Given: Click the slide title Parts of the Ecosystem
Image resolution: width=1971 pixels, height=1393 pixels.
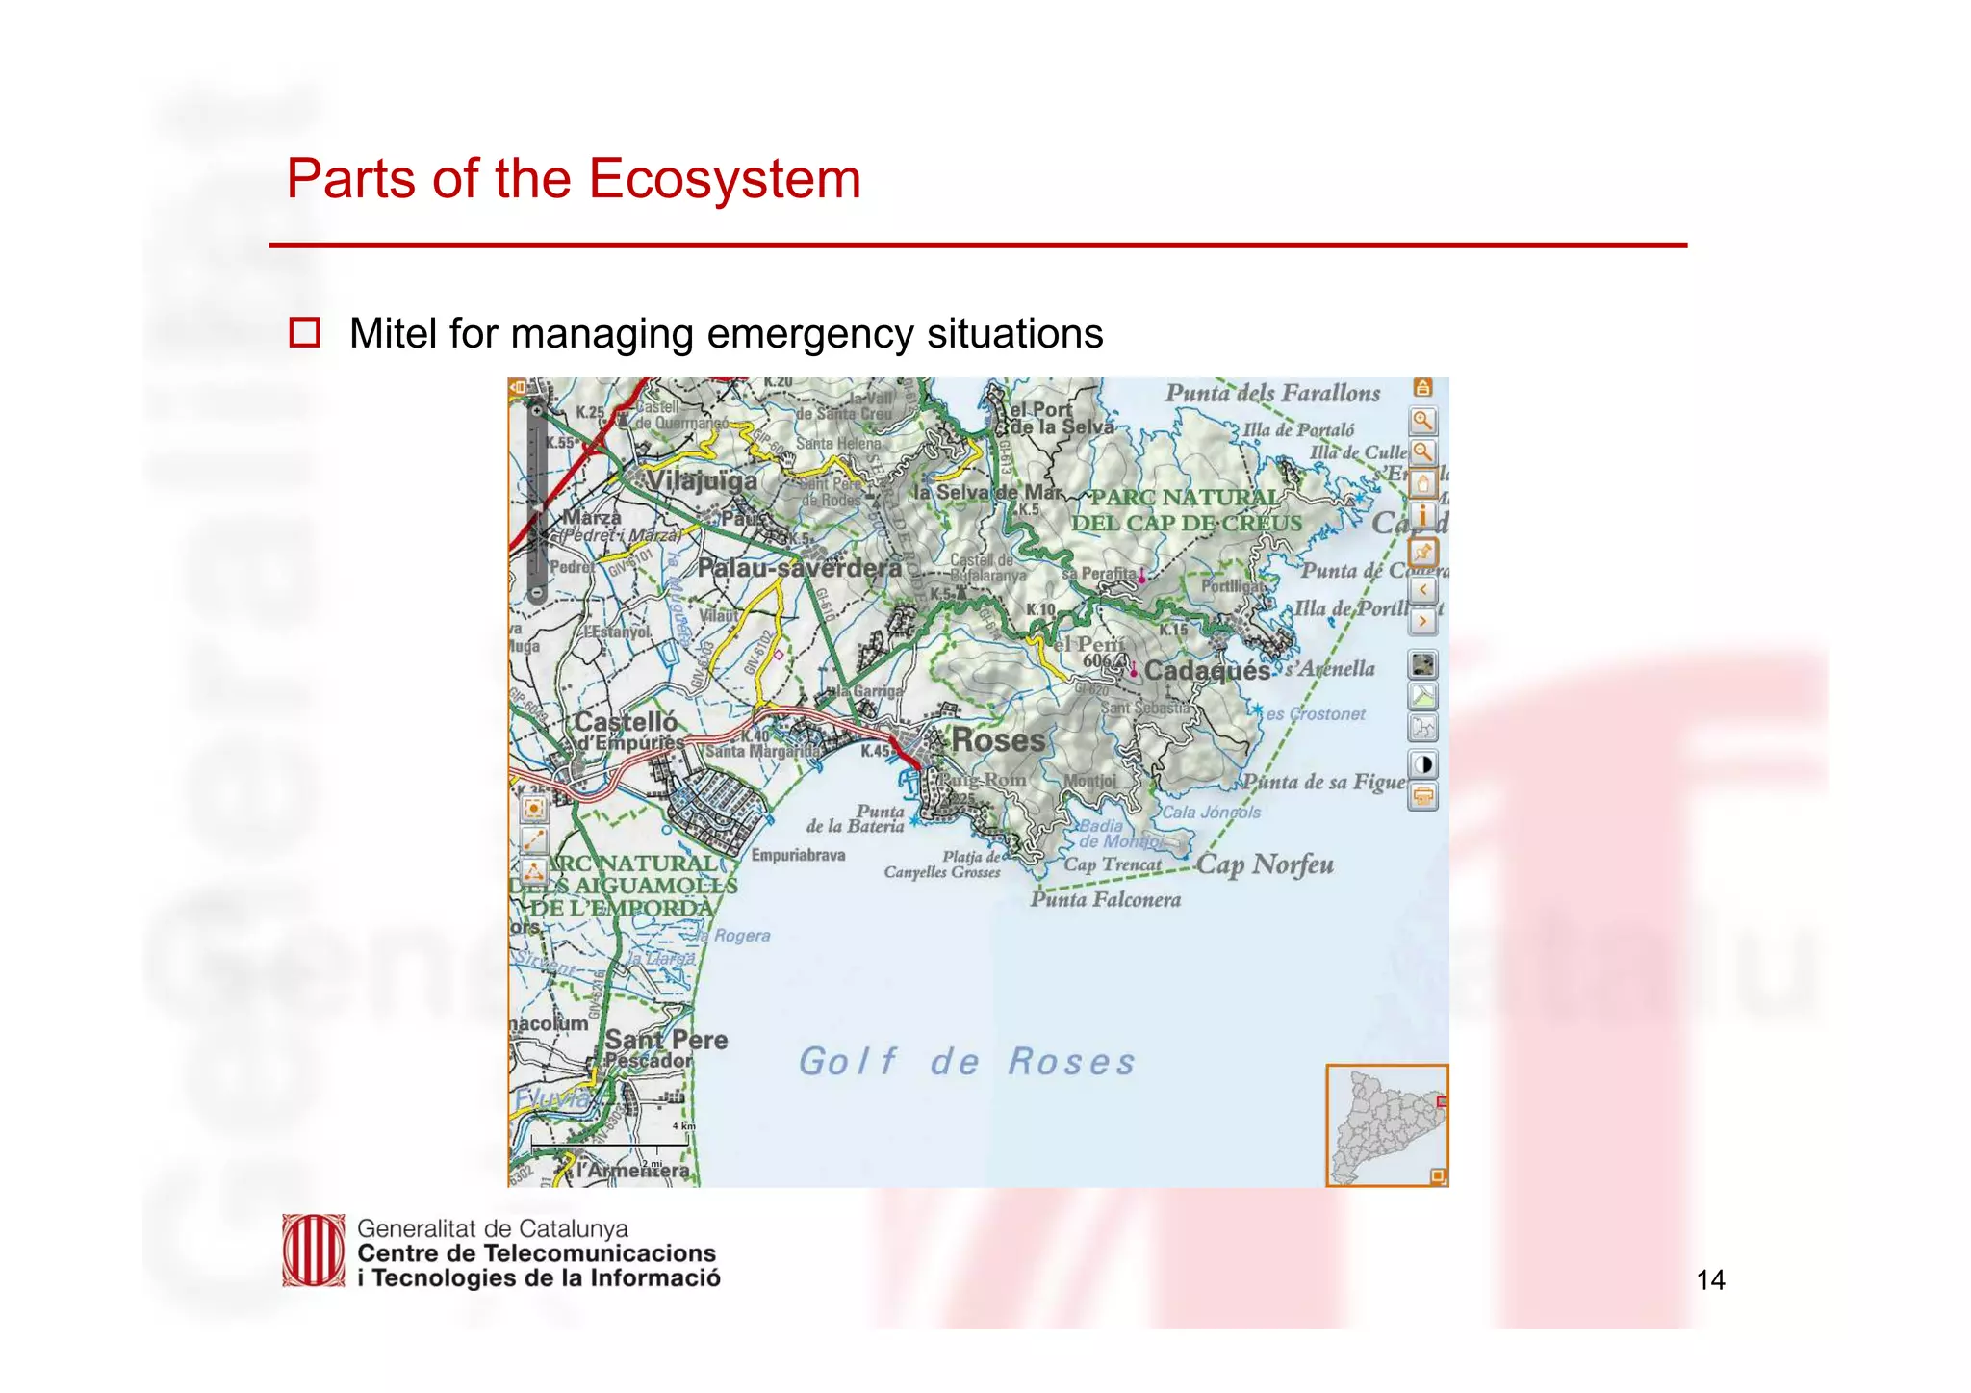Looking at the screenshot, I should [x=573, y=179].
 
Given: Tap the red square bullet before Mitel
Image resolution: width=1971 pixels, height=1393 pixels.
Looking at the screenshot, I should [x=304, y=333].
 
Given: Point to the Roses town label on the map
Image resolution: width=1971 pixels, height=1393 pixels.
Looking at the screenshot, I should [x=997, y=740].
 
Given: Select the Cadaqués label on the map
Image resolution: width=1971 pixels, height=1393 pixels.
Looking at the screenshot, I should [x=1206, y=670].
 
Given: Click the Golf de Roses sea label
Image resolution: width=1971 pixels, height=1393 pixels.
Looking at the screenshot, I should [x=966, y=1062].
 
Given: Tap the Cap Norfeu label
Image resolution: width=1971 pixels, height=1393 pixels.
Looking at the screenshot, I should [x=1265, y=864].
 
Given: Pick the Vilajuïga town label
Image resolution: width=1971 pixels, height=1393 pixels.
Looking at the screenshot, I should [x=701, y=480].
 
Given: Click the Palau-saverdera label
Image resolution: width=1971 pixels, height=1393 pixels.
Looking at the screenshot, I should [x=799, y=568].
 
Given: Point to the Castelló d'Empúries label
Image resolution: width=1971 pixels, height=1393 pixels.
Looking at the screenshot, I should [x=627, y=731].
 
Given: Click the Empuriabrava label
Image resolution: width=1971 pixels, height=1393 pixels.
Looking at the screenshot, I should [x=798, y=855].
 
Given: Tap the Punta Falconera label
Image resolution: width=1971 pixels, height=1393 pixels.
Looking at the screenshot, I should [x=1105, y=900].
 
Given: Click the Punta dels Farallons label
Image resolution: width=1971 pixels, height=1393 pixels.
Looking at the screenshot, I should [x=1271, y=393].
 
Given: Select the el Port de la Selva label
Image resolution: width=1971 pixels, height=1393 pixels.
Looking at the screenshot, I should [x=1059, y=418].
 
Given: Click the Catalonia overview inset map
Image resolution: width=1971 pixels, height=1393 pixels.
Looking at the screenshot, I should [x=1385, y=1124].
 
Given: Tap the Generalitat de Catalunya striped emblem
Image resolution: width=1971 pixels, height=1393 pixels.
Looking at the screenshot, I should [x=313, y=1251].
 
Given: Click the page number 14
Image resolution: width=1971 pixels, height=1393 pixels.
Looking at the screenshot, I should [x=1710, y=1279].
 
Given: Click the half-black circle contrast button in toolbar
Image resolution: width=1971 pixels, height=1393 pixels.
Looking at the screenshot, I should [x=1422, y=764].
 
